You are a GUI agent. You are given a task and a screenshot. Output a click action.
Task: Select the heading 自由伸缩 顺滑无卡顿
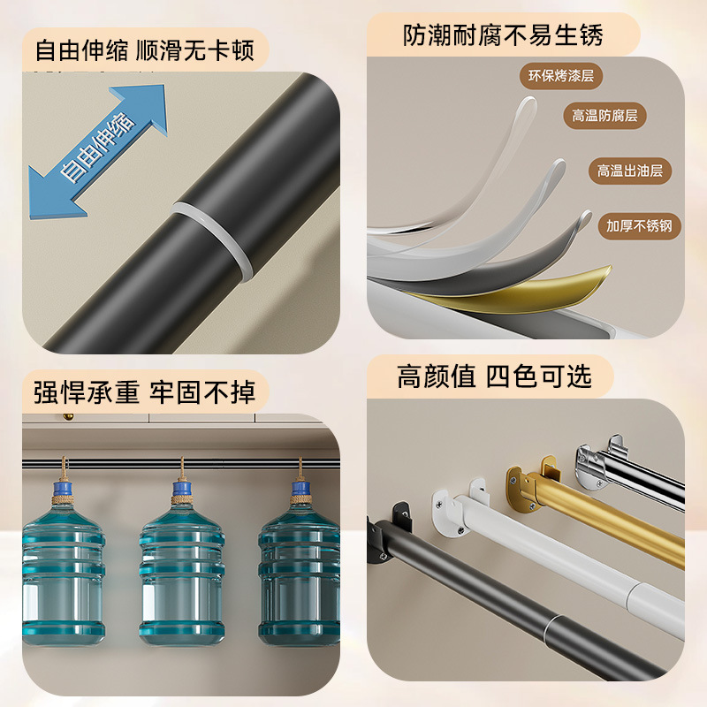pos(144,50)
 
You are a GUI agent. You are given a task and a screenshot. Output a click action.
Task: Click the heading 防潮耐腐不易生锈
pos(503,35)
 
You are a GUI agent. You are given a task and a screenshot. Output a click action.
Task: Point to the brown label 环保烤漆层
pos(560,76)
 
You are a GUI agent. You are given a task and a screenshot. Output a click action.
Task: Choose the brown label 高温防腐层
pos(604,116)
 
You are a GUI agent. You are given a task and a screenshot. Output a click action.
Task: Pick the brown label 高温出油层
pos(629,171)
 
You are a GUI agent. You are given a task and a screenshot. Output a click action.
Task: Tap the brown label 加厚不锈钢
pos(638,225)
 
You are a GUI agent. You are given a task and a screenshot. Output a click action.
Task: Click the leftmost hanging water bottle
pos(62,566)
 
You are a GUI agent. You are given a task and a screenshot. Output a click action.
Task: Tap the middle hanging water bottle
pos(182,566)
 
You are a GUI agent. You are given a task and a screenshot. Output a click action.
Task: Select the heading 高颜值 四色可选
pos(494,376)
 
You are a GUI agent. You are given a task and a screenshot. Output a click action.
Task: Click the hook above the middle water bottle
pos(181,468)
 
